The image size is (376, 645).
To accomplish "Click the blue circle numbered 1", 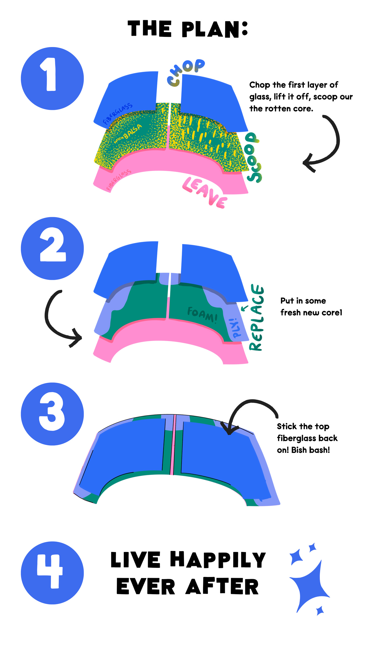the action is pyautogui.click(x=52, y=78).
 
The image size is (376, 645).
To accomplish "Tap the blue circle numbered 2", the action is pyautogui.click(x=52, y=248).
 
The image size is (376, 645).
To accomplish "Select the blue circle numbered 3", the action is pyautogui.click(x=52, y=414).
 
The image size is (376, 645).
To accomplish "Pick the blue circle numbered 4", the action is pyautogui.click(x=52, y=572).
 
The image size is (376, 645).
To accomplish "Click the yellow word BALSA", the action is pyautogui.click(x=133, y=132).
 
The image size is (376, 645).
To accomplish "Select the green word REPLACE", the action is pyautogui.click(x=257, y=317).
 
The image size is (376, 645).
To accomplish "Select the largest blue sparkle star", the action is pyautogui.click(x=309, y=586).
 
